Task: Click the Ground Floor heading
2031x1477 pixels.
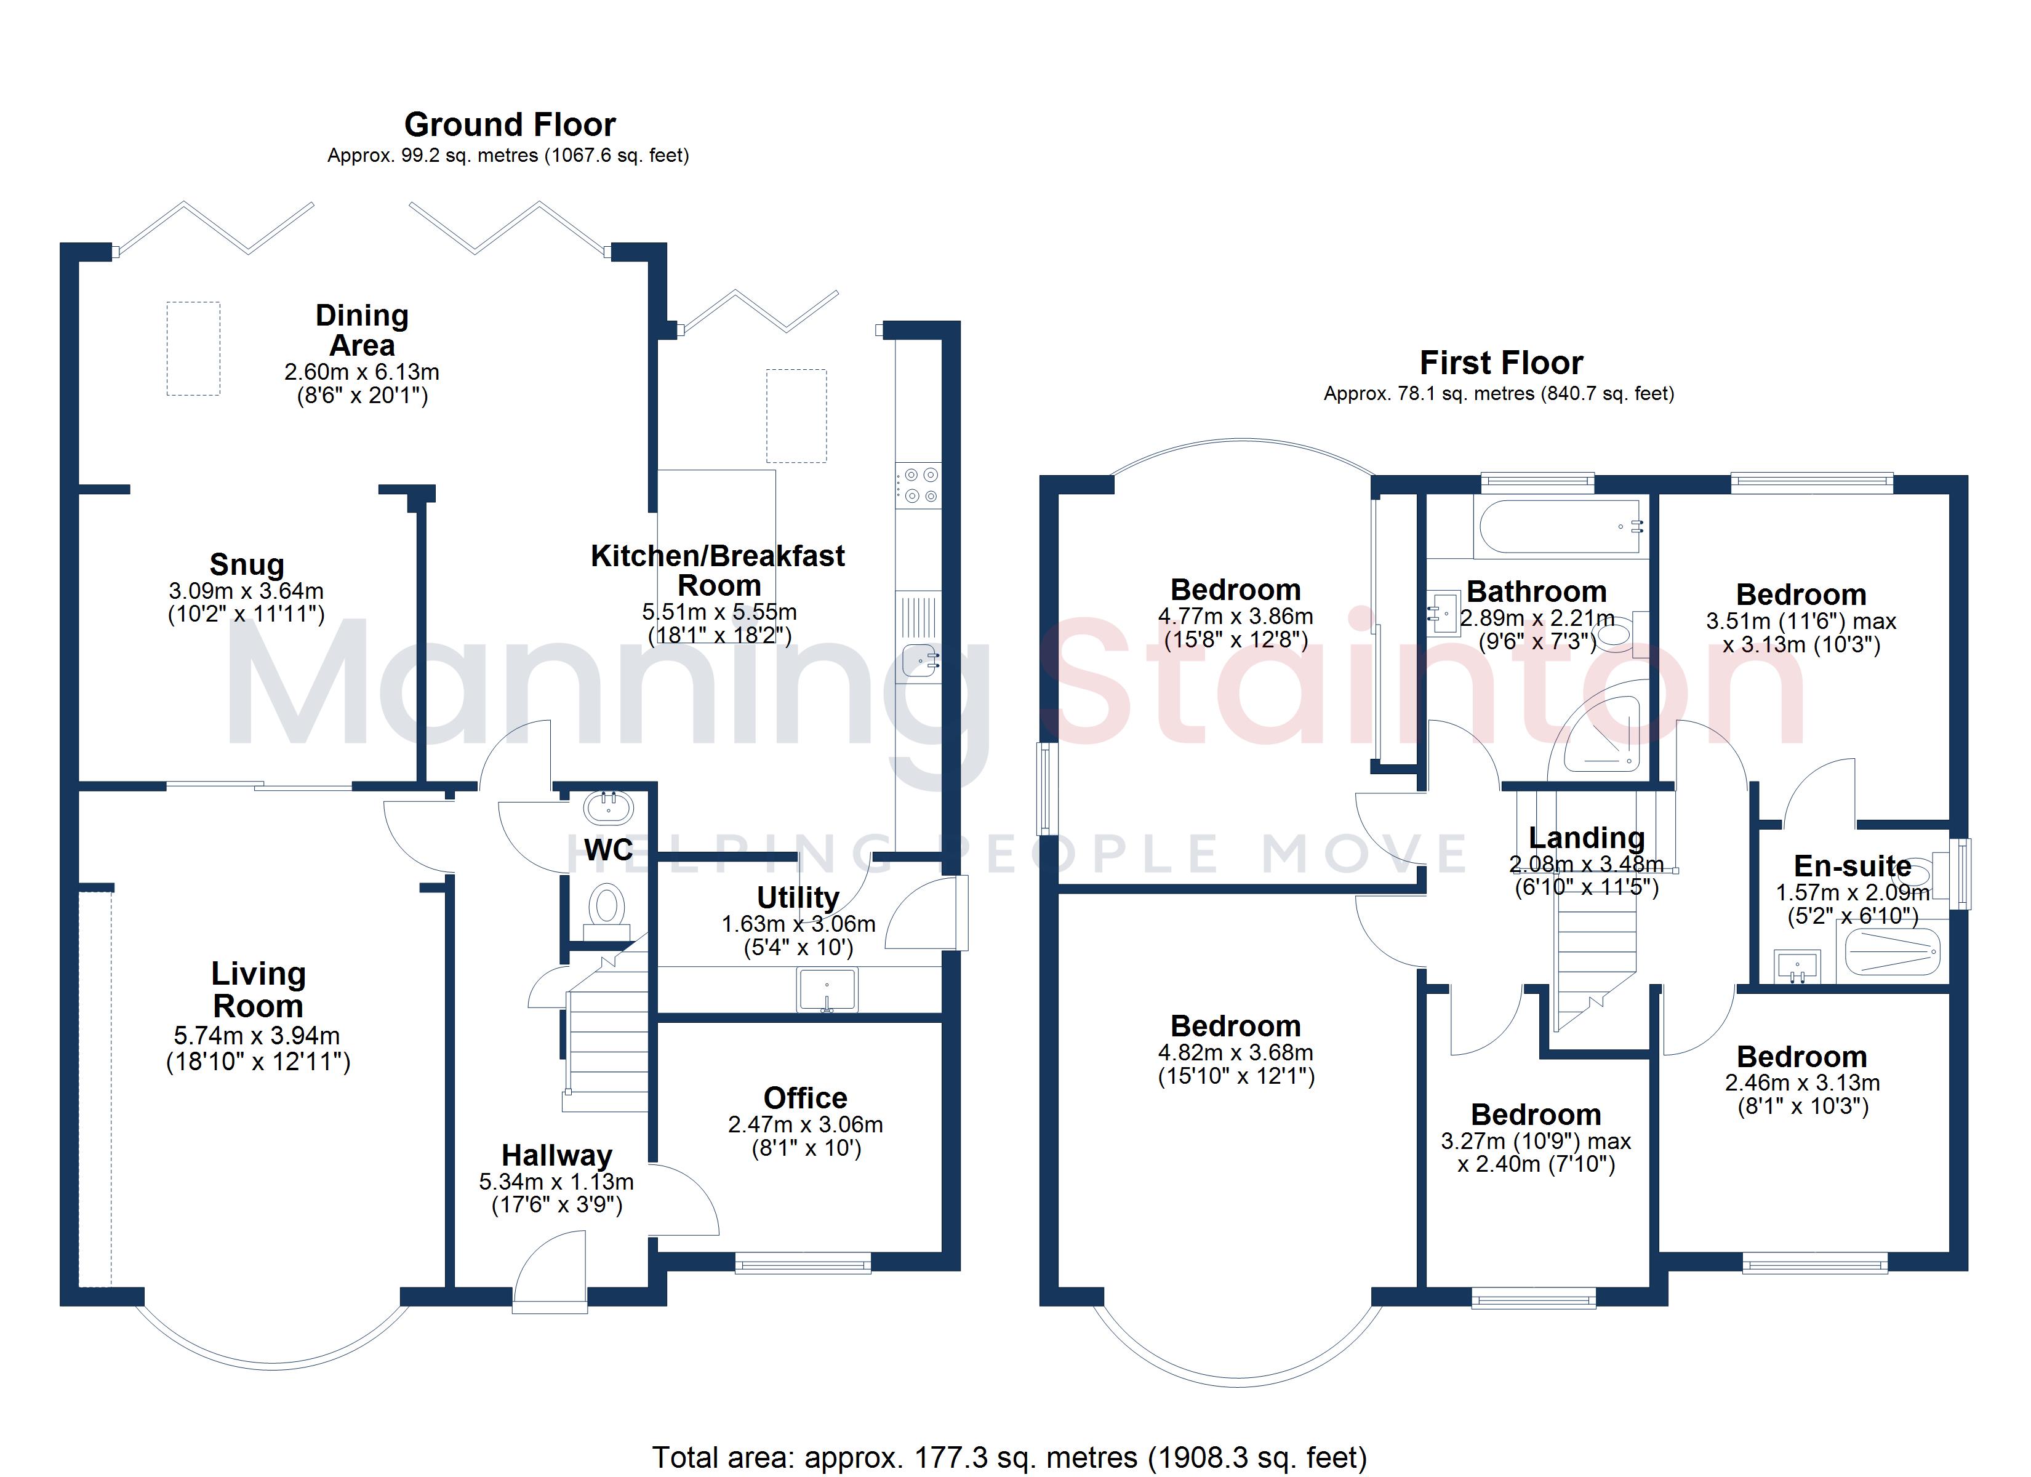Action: tap(510, 124)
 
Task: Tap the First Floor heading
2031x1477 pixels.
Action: tap(1501, 362)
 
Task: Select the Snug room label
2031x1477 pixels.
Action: tap(247, 564)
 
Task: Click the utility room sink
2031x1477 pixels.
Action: tap(827, 990)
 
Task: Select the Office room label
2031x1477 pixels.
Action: tap(805, 1097)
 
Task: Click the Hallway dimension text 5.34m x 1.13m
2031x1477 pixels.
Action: tap(556, 1182)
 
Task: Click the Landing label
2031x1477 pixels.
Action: tap(1586, 838)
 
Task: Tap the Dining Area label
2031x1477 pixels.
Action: tap(362, 330)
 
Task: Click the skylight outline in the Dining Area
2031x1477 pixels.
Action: tap(193, 348)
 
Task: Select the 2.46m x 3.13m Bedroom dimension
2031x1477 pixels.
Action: tap(1803, 1082)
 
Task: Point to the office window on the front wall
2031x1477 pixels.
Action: tap(803, 1263)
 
